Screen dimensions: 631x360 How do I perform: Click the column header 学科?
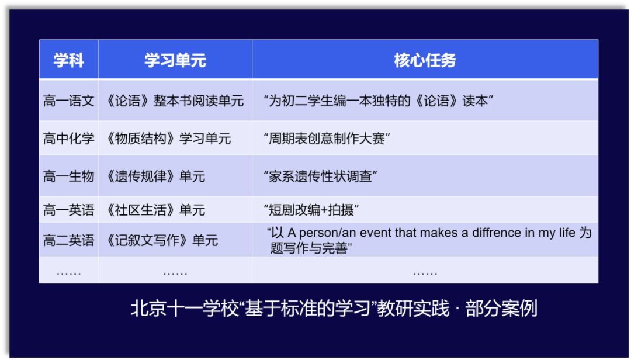[x=68, y=61]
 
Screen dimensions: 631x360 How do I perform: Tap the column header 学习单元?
[x=175, y=61]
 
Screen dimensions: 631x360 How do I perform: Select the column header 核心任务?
[x=425, y=61]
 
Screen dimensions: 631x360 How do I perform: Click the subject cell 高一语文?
[x=68, y=101]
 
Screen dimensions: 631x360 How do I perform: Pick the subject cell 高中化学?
[x=68, y=139]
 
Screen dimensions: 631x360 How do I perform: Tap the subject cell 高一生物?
[x=68, y=176]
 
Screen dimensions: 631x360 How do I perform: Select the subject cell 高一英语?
[x=68, y=210]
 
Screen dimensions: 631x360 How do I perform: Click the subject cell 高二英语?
[x=68, y=240]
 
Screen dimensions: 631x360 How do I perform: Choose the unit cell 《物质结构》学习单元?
[x=167, y=139]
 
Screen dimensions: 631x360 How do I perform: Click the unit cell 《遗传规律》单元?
[x=154, y=176]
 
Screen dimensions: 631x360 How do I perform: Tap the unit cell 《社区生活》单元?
[x=154, y=210]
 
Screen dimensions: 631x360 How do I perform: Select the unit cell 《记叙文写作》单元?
[x=161, y=240]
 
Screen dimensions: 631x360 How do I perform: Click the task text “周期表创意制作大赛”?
[x=327, y=139]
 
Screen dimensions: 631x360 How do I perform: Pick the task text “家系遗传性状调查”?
[x=320, y=176]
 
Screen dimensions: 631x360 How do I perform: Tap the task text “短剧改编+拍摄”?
[x=311, y=210]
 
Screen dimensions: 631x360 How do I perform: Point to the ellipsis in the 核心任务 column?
[x=425, y=273]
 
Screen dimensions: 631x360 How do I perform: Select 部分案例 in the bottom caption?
[x=501, y=309]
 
